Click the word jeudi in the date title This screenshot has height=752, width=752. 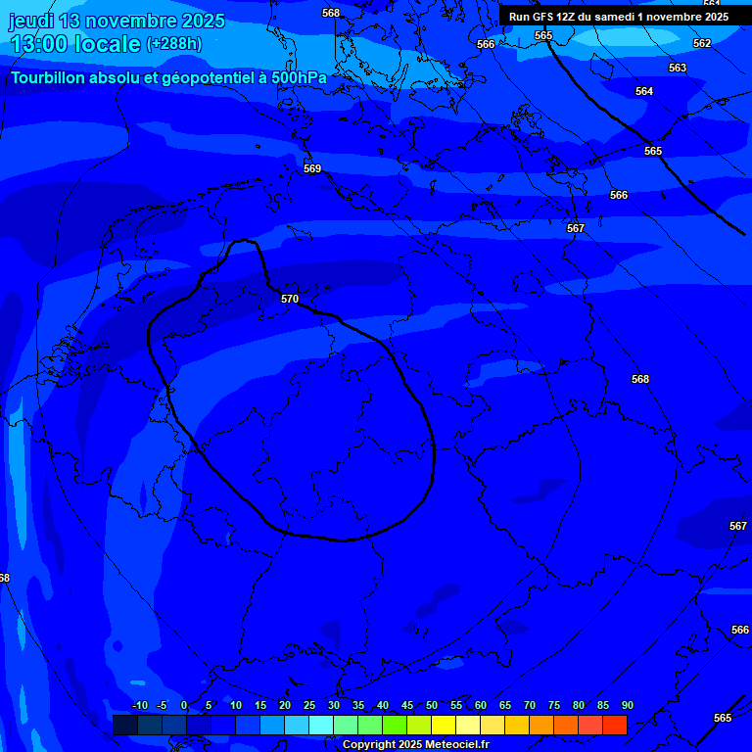click(x=31, y=21)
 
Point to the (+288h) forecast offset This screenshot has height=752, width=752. click(x=173, y=43)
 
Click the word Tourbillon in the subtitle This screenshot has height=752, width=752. click(x=49, y=77)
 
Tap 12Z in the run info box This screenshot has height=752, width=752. click(x=566, y=17)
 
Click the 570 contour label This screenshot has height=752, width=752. click(x=290, y=299)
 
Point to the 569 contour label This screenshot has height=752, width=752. click(x=312, y=169)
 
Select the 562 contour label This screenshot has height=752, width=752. click(x=702, y=44)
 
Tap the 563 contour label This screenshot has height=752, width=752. click(x=678, y=68)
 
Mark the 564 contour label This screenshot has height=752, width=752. click(x=643, y=91)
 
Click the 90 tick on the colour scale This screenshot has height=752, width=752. click(x=627, y=706)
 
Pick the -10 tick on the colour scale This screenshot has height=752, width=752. click(x=139, y=706)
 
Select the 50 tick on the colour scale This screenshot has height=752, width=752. click(x=431, y=706)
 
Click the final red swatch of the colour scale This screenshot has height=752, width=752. click(x=614, y=725)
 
